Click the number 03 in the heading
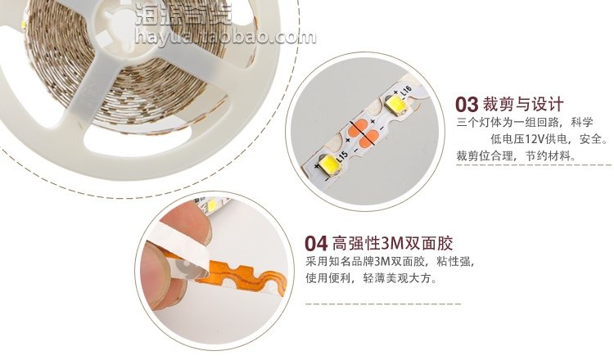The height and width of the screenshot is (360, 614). pos(466,105)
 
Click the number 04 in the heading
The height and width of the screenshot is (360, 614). pos(316,244)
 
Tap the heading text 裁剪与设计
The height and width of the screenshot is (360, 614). pos(523,105)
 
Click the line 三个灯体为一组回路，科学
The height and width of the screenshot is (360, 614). pos(524,123)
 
